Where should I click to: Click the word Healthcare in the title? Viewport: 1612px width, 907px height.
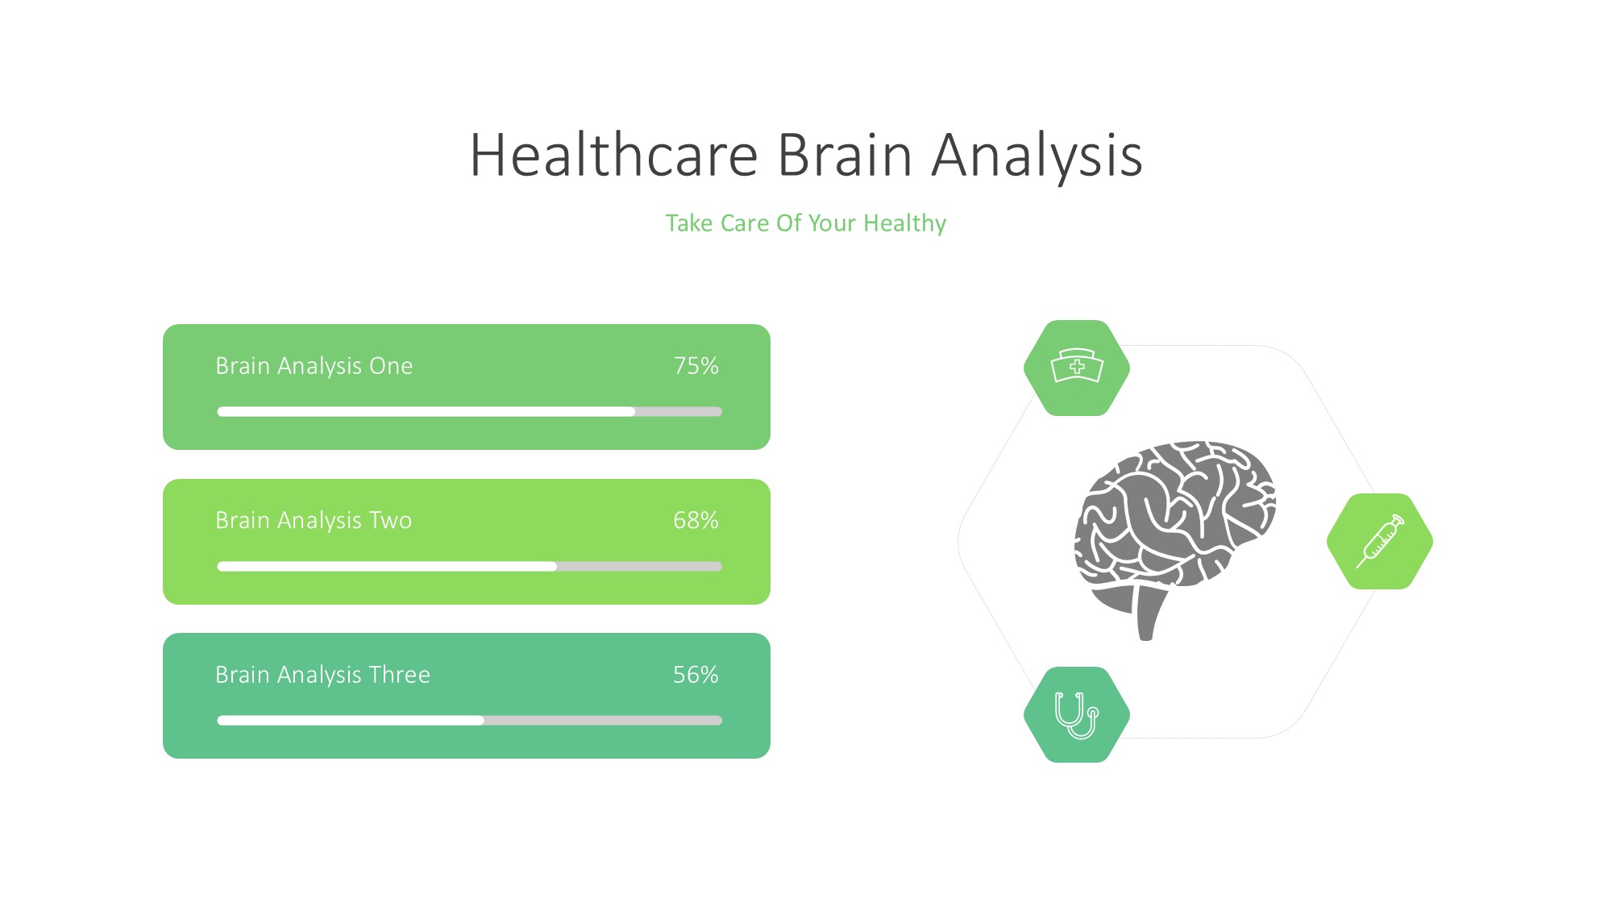(x=614, y=155)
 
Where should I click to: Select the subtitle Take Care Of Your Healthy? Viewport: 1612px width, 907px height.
(x=805, y=223)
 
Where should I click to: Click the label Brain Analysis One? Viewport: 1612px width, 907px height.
(x=314, y=366)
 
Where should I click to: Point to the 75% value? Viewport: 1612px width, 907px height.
(x=696, y=366)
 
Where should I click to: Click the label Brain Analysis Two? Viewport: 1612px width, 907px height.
(x=314, y=521)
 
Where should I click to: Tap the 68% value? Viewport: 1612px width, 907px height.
(x=696, y=521)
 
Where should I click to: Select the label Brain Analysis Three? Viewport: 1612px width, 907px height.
(x=322, y=675)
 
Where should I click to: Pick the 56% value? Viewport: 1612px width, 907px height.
(x=696, y=675)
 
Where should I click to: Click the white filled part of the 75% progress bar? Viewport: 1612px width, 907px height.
(x=426, y=412)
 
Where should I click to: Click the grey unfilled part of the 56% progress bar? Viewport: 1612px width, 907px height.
(x=603, y=721)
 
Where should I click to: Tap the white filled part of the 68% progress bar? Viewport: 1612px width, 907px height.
(x=387, y=567)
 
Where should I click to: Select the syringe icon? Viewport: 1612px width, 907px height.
(x=1381, y=541)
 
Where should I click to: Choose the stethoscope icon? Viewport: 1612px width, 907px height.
(x=1076, y=715)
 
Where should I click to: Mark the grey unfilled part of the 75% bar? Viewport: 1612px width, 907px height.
(x=679, y=412)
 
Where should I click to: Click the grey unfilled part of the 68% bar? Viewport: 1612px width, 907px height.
(x=639, y=567)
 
